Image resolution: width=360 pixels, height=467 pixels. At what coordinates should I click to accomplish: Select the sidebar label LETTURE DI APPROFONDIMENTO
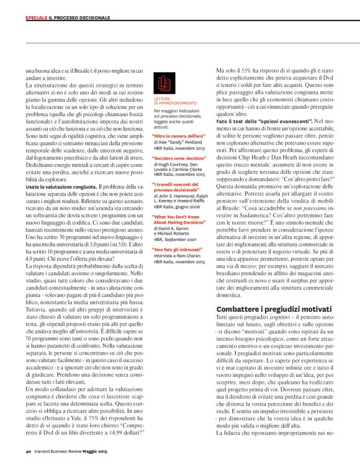175,101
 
